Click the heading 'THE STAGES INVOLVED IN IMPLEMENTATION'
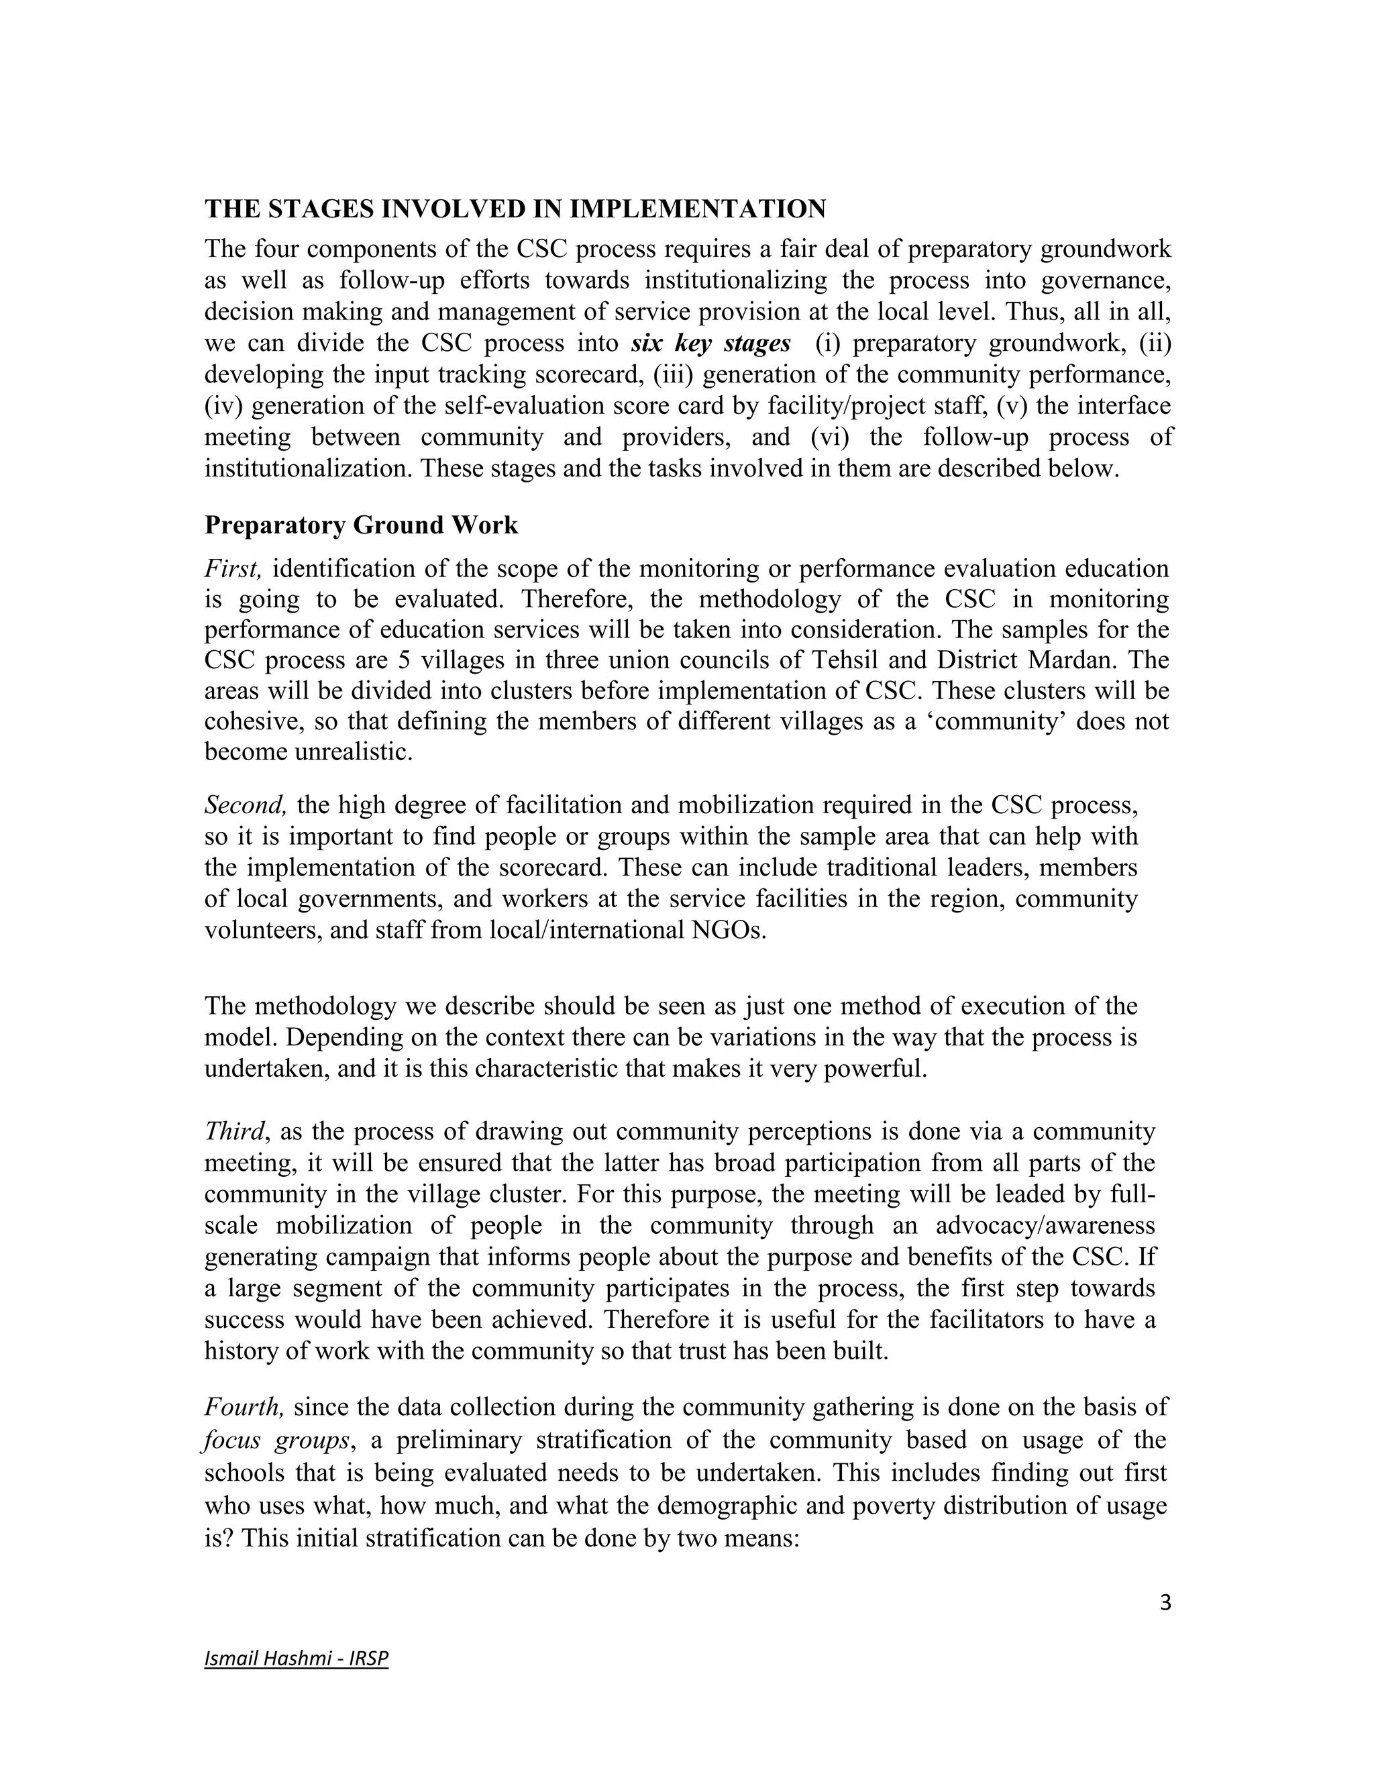[515, 209]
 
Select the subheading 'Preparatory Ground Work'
[360, 525]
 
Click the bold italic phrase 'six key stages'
[710, 344]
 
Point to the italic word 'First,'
[233, 568]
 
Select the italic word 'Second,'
[245, 805]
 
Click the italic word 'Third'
[234, 1132]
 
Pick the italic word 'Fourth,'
[244, 1407]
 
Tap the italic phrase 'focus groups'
[277, 1440]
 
